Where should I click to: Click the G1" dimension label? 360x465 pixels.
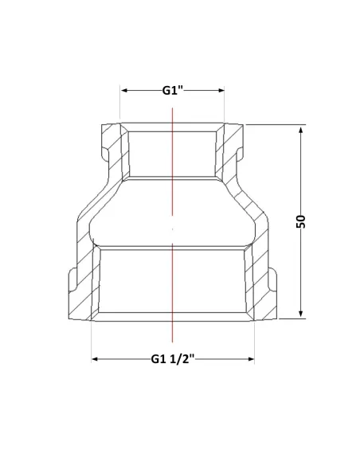pyautogui.click(x=173, y=90)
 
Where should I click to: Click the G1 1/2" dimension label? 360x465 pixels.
pyautogui.click(x=173, y=359)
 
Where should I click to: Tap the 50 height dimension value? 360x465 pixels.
pyautogui.click(x=301, y=221)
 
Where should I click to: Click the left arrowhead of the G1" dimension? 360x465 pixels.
pyautogui.click(x=124, y=90)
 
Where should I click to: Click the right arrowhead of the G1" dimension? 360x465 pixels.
pyautogui.click(x=221, y=90)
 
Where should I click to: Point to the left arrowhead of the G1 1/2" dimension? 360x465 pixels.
pyautogui.click(x=95, y=359)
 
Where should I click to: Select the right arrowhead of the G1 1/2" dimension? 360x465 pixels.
pyautogui.click(x=251, y=359)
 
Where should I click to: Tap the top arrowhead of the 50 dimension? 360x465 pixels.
pyautogui.click(x=301, y=131)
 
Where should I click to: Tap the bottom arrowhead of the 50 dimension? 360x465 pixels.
pyautogui.click(x=301, y=314)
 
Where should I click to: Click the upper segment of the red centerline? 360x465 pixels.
pyautogui.click(x=172, y=162)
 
